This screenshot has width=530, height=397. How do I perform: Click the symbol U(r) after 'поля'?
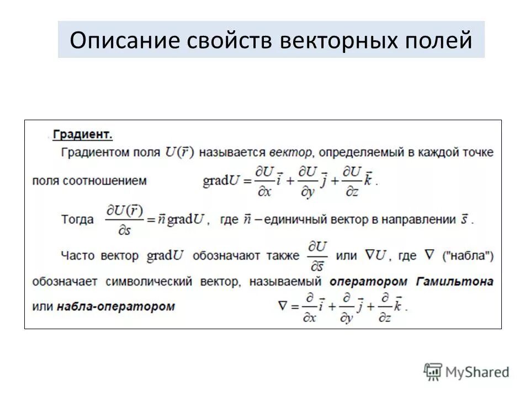(180, 152)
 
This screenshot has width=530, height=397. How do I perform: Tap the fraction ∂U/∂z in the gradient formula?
(352, 180)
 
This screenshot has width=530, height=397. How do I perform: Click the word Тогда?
(78, 219)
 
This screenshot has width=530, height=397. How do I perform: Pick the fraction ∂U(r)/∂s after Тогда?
(124, 219)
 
